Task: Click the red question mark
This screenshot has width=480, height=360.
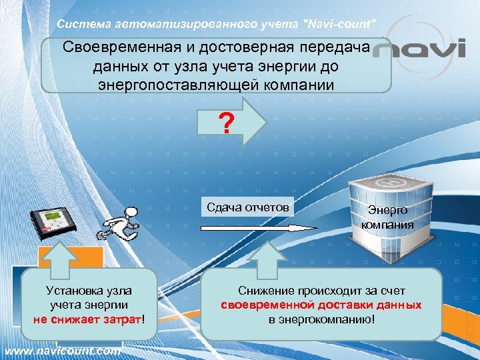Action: click(227, 123)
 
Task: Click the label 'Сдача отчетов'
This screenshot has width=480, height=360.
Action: click(248, 207)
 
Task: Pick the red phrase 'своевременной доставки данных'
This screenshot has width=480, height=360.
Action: click(321, 305)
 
